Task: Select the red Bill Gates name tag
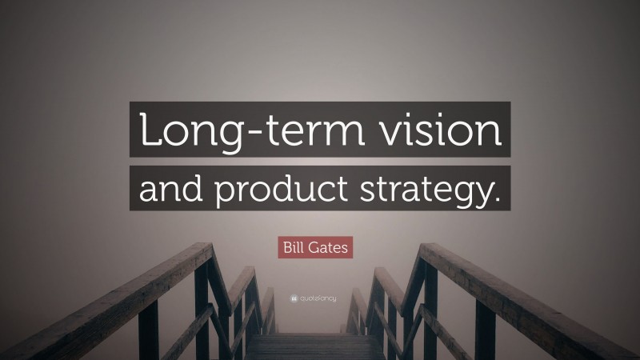point(315,247)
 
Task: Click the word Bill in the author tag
point(294,247)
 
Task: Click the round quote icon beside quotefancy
point(294,298)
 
